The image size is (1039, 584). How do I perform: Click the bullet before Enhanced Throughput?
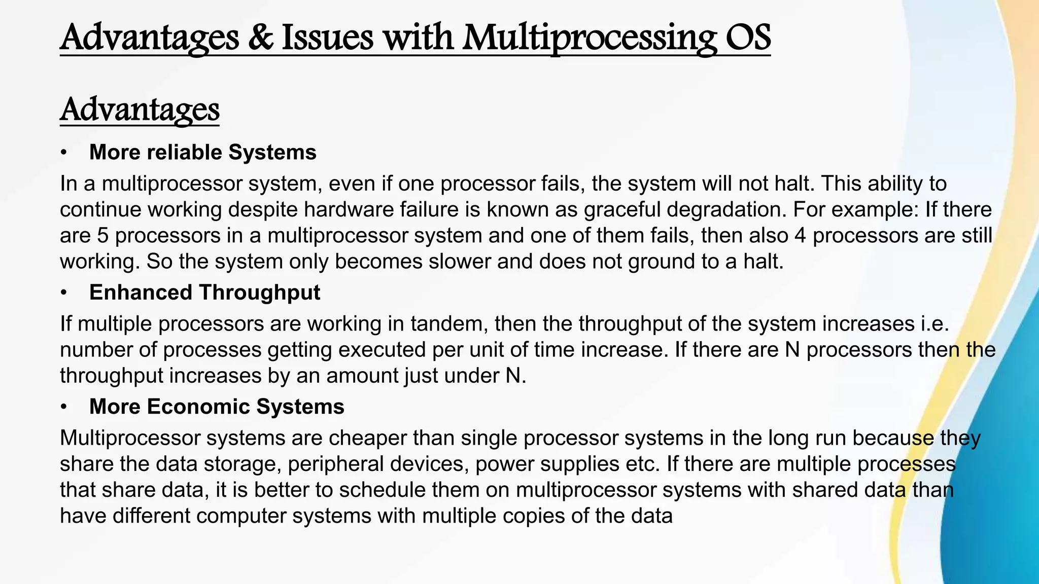click(x=63, y=293)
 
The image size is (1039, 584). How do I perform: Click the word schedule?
click(x=383, y=490)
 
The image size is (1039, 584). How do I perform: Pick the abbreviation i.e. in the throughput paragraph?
click(x=934, y=324)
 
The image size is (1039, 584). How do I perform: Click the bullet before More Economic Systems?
click(x=63, y=407)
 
